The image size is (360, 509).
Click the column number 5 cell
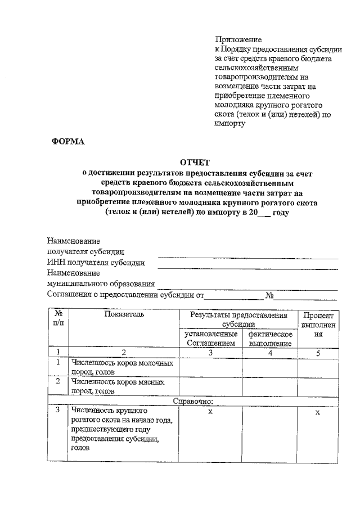(x=318, y=353)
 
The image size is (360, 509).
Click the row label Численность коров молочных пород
(x=121, y=368)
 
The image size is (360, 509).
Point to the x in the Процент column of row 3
(x=318, y=412)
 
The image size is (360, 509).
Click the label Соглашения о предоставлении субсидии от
(x=125, y=295)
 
